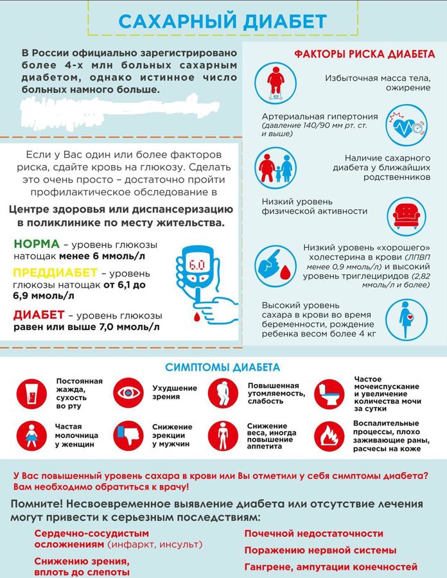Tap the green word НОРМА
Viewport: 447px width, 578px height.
[36, 245]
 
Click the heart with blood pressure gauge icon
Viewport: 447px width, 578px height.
[406, 127]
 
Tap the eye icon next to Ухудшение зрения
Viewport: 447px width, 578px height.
[129, 392]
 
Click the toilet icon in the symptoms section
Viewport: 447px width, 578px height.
[331, 392]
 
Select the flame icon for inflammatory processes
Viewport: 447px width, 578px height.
[331, 435]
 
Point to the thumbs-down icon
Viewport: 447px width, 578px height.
[129, 435]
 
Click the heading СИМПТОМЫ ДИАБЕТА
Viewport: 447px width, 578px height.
[222, 368]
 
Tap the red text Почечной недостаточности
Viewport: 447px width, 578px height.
[313, 534]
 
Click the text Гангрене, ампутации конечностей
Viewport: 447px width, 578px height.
[331, 567]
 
